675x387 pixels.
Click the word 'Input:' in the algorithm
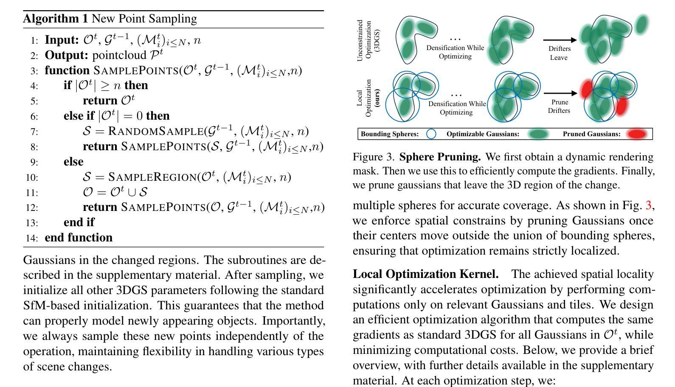tap(62, 40)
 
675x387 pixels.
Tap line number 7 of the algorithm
tap(34, 132)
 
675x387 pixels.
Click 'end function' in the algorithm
tap(79, 238)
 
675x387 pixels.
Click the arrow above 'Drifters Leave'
tap(560, 40)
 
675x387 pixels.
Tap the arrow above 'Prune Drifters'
tap(560, 93)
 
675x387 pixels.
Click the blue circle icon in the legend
tap(431, 134)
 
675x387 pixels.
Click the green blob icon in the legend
tap(538, 134)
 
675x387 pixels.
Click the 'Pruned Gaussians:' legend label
tap(591, 134)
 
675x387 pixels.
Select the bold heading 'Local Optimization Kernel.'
tap(425, 275)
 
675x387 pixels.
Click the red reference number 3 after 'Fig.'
tap(648, 205)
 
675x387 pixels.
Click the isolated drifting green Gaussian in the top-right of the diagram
tap(641, 24)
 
